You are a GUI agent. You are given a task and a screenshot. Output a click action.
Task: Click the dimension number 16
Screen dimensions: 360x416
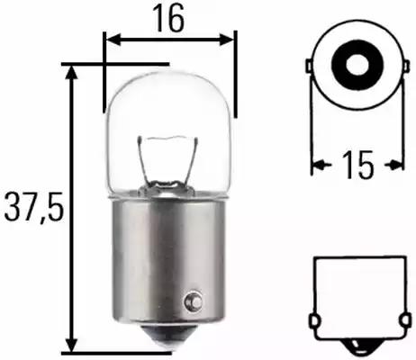point(169,19)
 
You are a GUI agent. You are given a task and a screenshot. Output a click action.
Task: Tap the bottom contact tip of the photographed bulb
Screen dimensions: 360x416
point(168,340)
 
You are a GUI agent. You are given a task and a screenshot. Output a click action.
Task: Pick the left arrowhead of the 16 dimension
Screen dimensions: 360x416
point(111,39)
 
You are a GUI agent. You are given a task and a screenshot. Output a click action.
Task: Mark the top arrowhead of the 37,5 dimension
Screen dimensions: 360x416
point(70,71)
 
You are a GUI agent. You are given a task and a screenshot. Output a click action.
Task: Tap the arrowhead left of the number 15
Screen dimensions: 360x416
point(317,165)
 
